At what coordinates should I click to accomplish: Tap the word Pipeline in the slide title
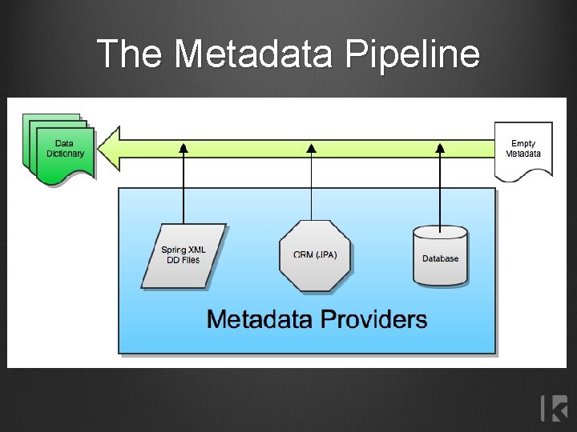pos(413,54)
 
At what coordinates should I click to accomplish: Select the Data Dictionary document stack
pos(60,150)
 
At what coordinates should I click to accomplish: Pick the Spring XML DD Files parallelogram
pos(184,255)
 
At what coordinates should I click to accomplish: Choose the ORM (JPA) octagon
pos(315,255)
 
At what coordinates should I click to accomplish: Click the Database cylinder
pos(440,256)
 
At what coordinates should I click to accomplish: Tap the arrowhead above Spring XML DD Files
pos(184,147)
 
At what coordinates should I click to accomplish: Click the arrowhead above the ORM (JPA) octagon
pos(312,147)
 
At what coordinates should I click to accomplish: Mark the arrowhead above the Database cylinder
pos(440,147)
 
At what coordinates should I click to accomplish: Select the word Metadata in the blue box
pos(260,320)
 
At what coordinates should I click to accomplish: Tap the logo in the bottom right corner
pos(555,408)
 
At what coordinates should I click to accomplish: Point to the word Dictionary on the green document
pos(65,154)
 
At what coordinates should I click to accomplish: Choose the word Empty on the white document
pos(523,144)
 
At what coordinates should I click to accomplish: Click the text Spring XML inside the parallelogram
pos(184,250)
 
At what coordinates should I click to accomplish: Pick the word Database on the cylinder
pos(440,258)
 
